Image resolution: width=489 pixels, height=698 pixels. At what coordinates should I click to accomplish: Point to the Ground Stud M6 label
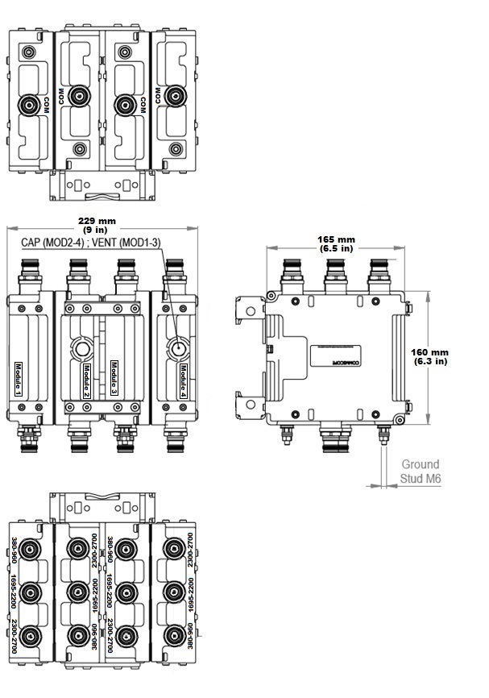[x=420, y=472]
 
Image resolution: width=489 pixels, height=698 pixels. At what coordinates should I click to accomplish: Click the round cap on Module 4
[x=176, y=349]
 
